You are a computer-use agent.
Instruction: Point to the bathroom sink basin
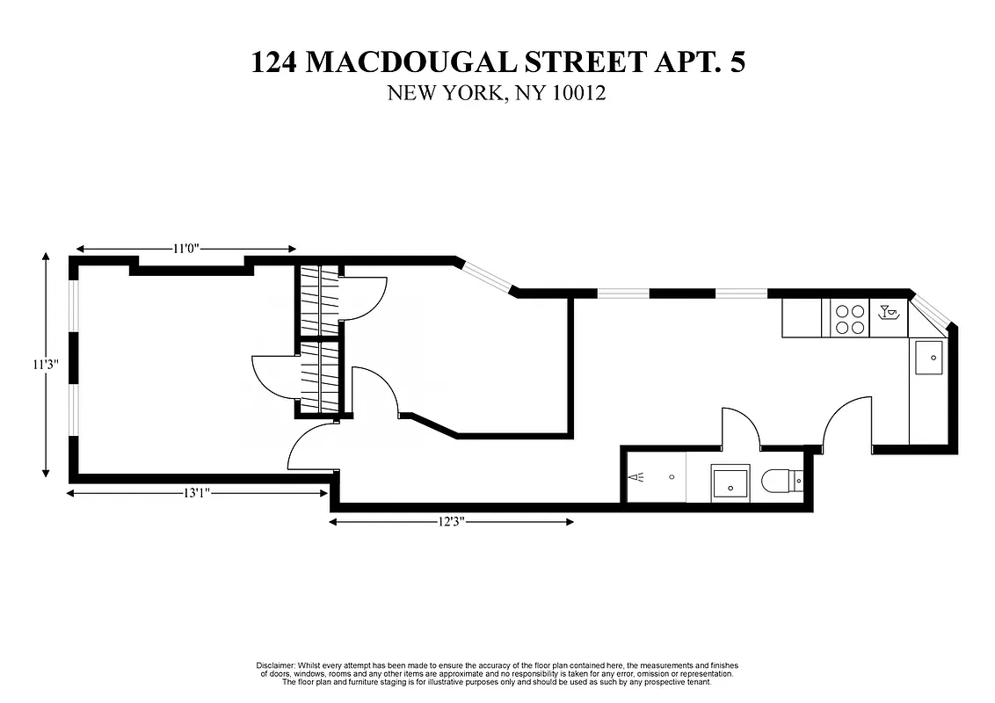pyautogui.click(x=730, y=482)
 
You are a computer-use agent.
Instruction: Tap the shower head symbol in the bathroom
pyautogui.click(x=639, y=478)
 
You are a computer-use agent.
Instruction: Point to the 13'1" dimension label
pyautogui.click(x=194, y=494)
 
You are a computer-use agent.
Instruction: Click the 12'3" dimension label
pyautogui.click(x=450, y=522)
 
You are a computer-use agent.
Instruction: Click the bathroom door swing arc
pyautogui.click(x=740, y=426)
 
